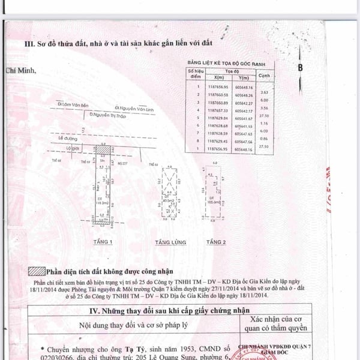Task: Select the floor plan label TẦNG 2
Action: [x=215, y=242]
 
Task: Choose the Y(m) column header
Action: [x=243, y=78]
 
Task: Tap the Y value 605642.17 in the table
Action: [x=243, y=110]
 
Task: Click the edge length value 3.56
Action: [x=264, y=107]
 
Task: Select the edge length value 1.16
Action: [x=264, y=122]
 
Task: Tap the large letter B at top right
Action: [x=299, y=68]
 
